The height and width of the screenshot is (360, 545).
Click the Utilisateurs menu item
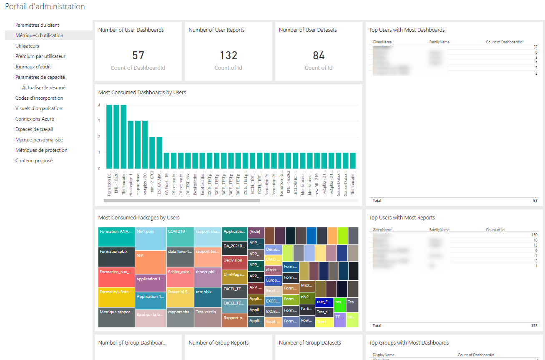point(27,46)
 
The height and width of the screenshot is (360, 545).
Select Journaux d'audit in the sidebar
point(33,67)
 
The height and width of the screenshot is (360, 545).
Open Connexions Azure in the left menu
point(35,119)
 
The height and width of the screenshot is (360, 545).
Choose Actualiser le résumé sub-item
point(43,88)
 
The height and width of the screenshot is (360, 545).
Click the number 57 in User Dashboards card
point(138,55)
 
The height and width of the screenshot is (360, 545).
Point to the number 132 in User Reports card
point(229,55)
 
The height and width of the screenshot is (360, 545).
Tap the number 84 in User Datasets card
point(319,55)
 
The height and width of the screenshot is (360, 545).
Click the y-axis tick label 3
point(99,121)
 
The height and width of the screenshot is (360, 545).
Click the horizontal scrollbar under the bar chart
point(182,201)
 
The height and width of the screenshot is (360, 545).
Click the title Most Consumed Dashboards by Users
point(142,92)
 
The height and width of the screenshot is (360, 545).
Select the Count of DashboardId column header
point(504,42)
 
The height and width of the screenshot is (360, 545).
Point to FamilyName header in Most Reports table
point(439,230)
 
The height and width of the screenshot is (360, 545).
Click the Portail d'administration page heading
point(45,7)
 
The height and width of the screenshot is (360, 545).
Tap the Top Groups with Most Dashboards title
point(409,342)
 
